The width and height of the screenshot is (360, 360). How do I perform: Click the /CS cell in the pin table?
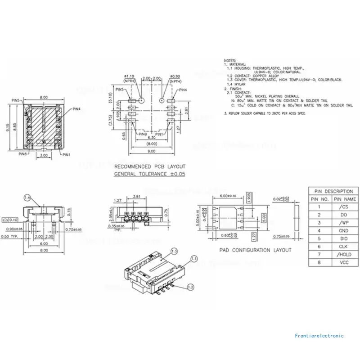tap(344, 207)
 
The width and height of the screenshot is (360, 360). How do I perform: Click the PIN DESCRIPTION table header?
tap(333, 191)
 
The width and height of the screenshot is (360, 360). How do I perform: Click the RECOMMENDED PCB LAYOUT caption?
tap(150, 166)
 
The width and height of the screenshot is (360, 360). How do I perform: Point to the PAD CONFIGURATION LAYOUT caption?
tap(255, 250)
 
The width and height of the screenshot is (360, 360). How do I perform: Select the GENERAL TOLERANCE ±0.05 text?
tap(150, 173)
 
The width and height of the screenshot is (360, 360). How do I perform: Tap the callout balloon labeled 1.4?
tap(27, 198)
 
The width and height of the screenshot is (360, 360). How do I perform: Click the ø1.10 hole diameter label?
tap(129, 76)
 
